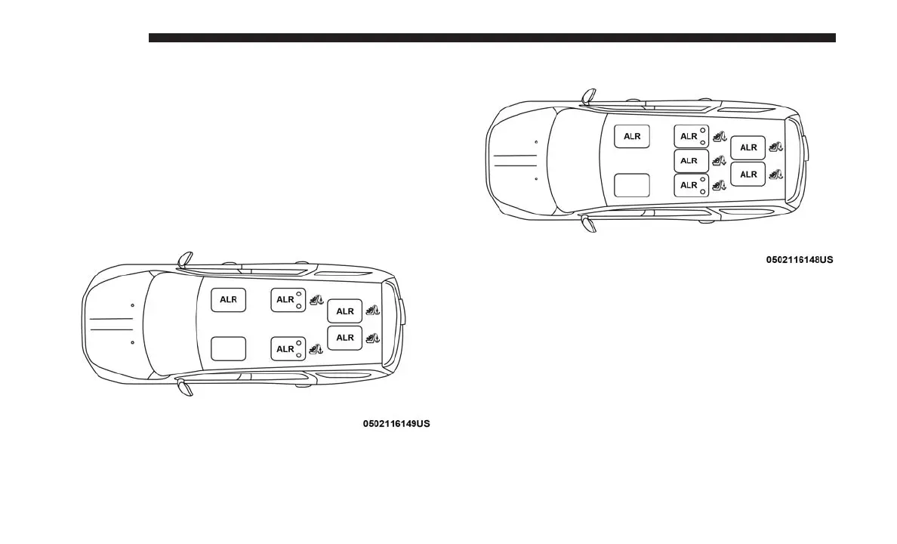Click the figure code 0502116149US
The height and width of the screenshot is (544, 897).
coord(396,424)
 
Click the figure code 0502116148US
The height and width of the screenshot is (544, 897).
coord(800,260)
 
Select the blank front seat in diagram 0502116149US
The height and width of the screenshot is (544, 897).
coord(228,348)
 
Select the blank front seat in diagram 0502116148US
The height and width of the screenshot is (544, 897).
coord(632,185)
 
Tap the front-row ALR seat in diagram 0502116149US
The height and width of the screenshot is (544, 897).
coord(228,300)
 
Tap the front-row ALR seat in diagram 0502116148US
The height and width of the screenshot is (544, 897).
coord(632,137)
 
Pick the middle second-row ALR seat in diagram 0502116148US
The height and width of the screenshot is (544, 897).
coord(691,161)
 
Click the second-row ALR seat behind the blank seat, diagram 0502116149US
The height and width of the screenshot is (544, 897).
coord(288,348)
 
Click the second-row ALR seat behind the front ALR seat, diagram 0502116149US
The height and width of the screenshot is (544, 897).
coord(288,300)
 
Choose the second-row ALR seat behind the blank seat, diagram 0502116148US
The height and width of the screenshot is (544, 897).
coord(691,185)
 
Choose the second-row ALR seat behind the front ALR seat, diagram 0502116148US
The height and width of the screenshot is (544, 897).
coord(691,137)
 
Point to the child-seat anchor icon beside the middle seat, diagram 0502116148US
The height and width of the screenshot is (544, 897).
coord(719,161)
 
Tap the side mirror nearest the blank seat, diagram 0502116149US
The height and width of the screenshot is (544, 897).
coord(184,388)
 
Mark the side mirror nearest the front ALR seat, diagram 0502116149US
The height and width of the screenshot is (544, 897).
coord(185,259)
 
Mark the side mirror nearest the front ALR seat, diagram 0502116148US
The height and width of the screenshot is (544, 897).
coord(588,96)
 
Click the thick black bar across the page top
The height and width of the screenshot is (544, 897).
coord(492,38)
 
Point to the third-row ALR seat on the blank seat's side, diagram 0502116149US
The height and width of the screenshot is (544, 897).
coord(345,337)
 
